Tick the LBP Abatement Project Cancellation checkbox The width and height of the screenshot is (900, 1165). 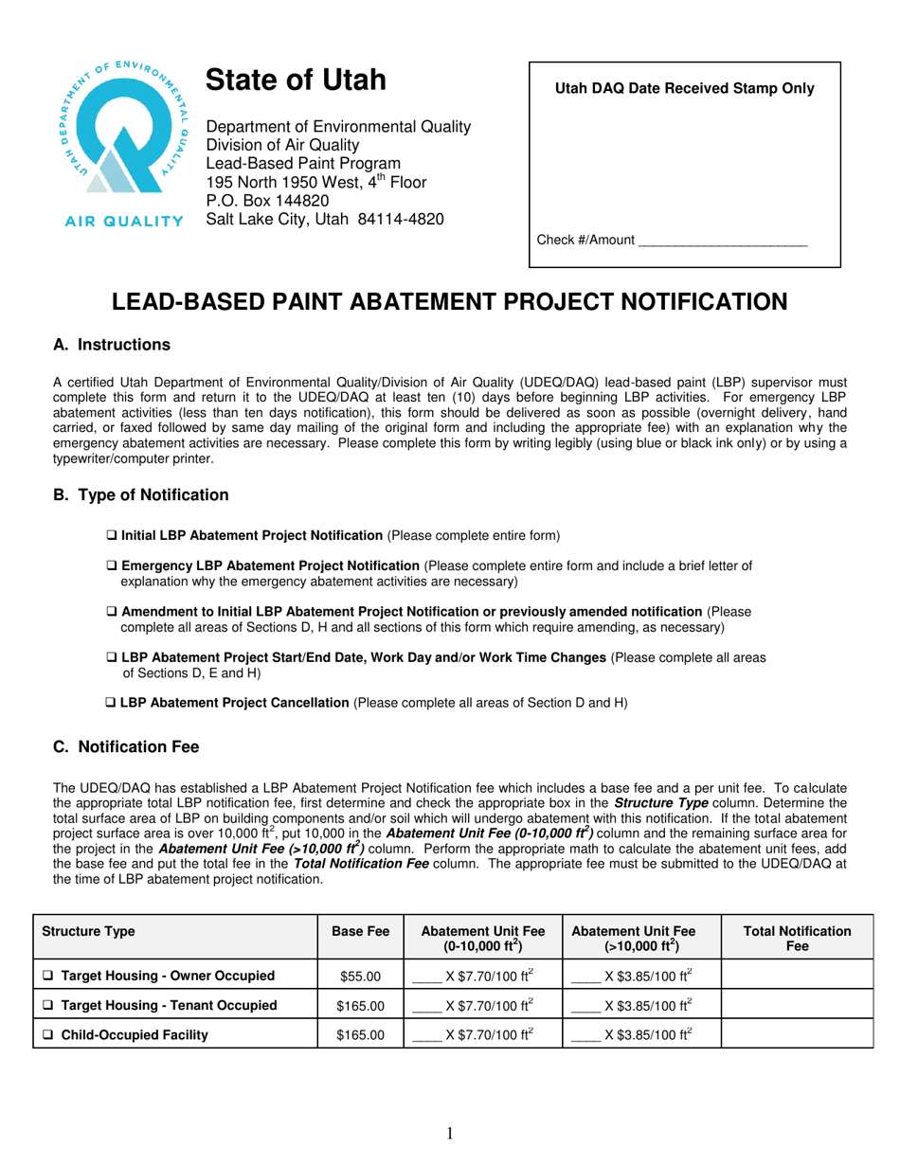[110, 703]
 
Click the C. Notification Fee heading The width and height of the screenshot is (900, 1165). [126, 747]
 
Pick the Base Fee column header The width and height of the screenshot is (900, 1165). [360, 931]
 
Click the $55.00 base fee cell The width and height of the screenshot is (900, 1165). [360, 976]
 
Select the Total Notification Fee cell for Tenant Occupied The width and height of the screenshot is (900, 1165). [796, 1005]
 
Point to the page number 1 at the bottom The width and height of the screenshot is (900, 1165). [450, 1135]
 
